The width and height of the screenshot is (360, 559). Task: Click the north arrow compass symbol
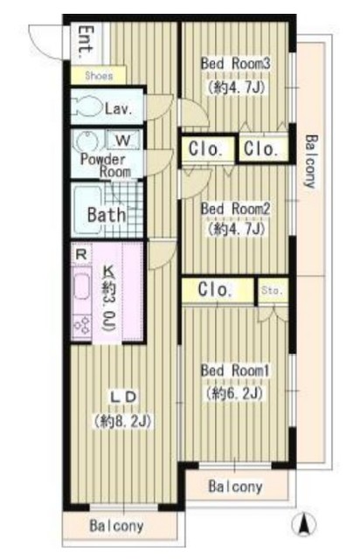303,525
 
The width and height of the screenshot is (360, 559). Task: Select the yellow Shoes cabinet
98,75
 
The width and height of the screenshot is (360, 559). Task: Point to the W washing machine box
123,140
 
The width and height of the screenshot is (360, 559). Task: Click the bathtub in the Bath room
87,210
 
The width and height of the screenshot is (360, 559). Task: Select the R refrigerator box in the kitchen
81,254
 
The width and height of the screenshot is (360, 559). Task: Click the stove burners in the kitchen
82,325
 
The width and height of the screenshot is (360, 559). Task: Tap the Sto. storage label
272,291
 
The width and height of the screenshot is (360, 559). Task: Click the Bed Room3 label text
235,64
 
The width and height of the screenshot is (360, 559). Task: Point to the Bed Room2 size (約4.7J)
235,228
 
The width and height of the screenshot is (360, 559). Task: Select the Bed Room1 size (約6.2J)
234,393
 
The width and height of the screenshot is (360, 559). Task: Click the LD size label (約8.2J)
123,421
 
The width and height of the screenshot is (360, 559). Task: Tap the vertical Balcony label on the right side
310,161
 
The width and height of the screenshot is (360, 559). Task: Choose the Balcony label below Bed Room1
235,487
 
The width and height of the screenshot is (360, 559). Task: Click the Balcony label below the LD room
116,526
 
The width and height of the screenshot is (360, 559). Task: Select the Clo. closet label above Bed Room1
215,289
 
